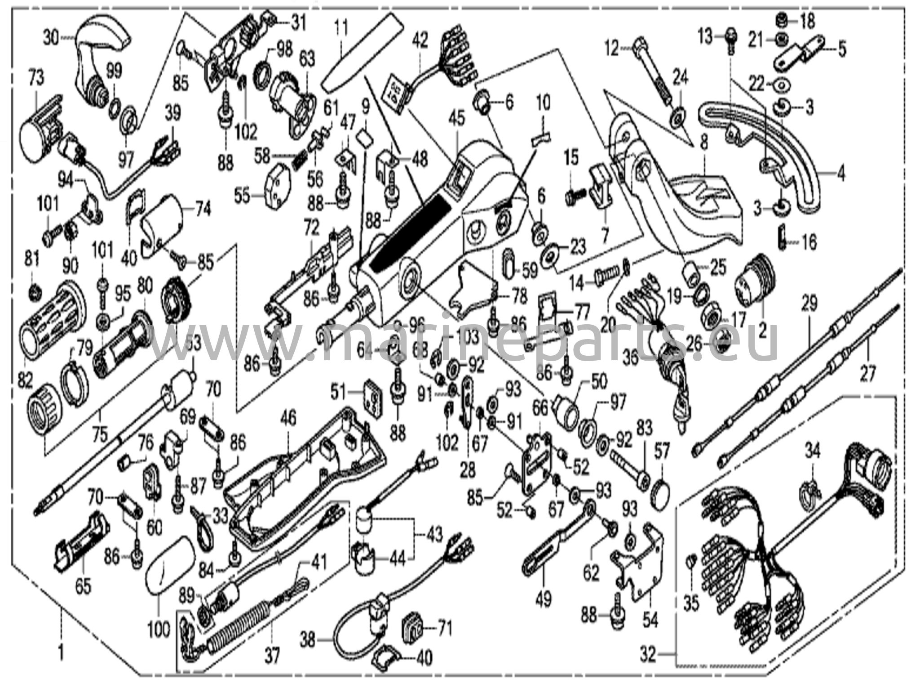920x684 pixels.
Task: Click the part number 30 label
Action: click(x=51, y=39)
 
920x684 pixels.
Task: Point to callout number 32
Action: click(x=648, y=656)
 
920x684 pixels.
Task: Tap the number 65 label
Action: click(x=83, y=586)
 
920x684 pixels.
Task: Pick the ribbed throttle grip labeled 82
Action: click(x=49, y=319)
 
